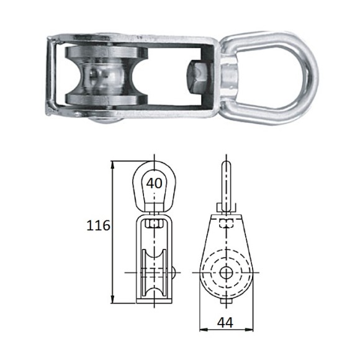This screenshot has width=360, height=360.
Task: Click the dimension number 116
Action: [x=99, y=225]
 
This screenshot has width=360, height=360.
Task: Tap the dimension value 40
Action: [x=155, y=183]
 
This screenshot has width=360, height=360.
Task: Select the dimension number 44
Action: [x=225, y=322]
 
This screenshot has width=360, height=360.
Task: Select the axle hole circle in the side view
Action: [x=227, y=272]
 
